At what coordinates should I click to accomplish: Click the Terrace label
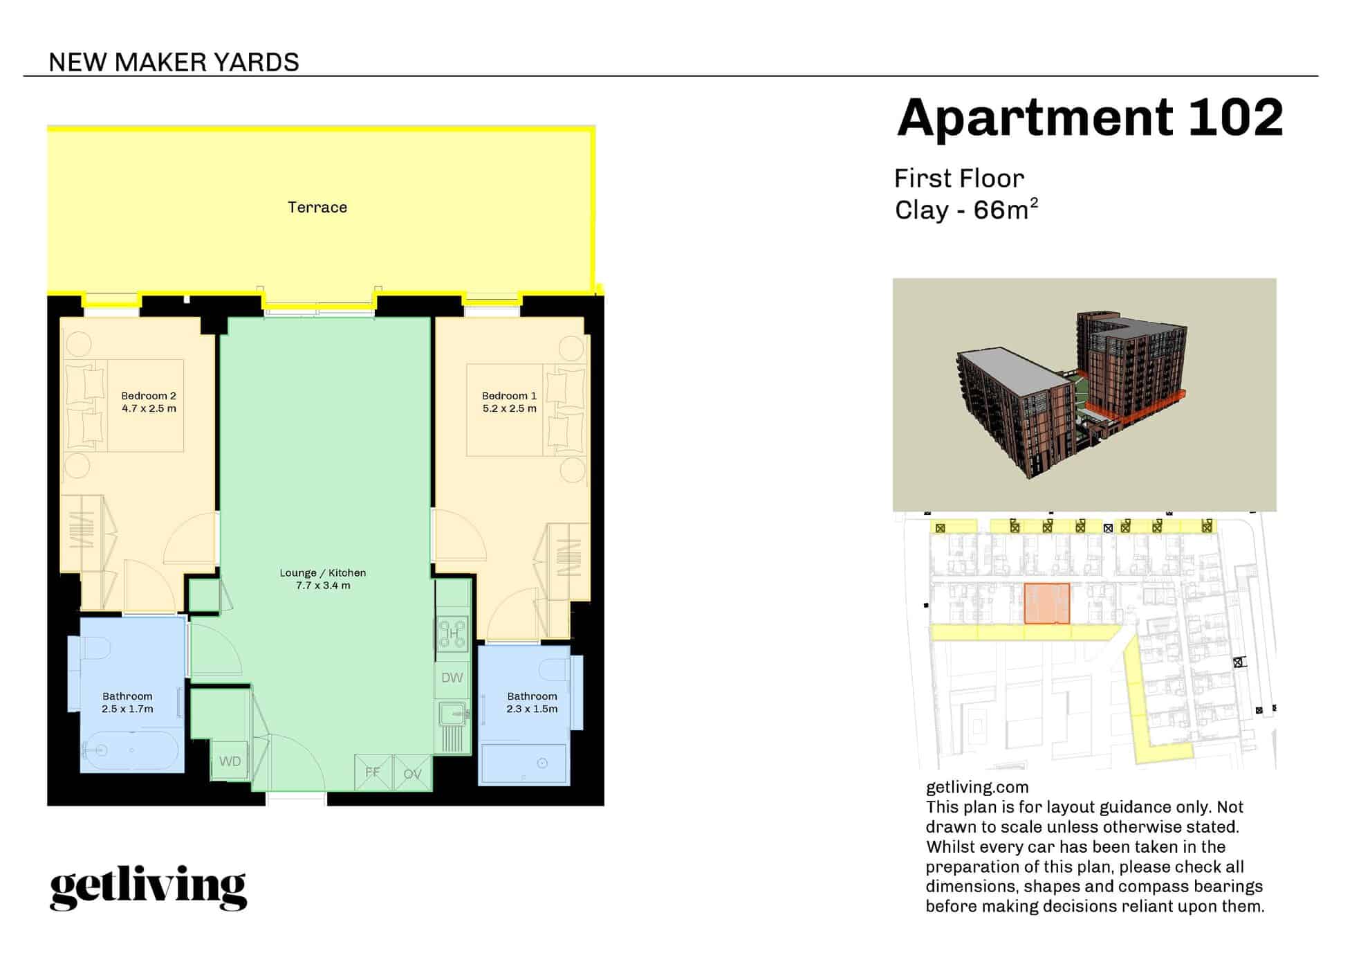click(317, 208)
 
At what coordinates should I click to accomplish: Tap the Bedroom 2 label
click(149, 396)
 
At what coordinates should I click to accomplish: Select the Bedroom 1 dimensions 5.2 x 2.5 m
click(510, 409)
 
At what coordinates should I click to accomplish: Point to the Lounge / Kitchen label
click(323, 573)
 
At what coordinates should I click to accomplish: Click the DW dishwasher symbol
click(452, 678)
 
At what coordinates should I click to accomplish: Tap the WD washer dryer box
click(230, 761)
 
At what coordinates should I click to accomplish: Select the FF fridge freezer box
click(373, 772)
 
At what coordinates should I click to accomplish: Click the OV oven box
click(413, 774)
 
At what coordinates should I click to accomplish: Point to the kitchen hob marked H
click(452, 633)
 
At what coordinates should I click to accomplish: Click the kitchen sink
click(452, 713)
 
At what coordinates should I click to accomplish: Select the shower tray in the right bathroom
click(524, 763)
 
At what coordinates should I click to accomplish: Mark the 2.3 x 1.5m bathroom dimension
click(532, 709)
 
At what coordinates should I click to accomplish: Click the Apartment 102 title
click(1090, 118)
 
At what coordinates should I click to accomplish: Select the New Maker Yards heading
click(174, 63)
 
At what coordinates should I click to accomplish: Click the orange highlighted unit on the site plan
click(1046, 604)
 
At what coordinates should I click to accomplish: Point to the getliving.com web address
click(976, 787)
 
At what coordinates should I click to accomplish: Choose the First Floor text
click(959, 179)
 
